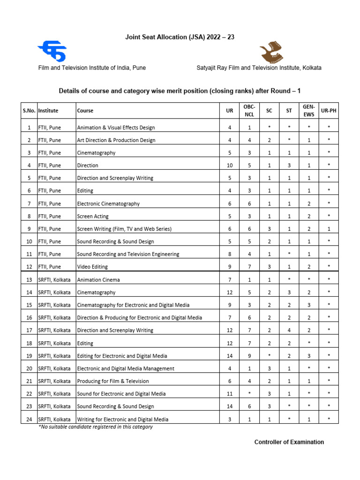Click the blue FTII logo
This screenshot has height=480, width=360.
pyautogui.click(x=52, y=51)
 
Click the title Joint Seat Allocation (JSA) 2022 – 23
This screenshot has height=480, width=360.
pyautogui.click(x=180, y=37)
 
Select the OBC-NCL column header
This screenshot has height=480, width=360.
pyautogui.click(x=250, y=111)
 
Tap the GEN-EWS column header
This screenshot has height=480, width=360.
pyautogui.click(x=309, y=111)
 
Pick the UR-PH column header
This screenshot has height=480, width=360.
pyautogui.click(x=329, y=111)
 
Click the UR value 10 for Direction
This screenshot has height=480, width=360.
pyautogui.click(x=230, y=165)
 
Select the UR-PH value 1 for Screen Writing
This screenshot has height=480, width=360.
pyautogui.click(x=329, y=229)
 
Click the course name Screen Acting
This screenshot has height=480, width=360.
pyautogui.click(x=92, y=216)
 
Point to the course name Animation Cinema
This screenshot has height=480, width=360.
pyautogui.click(x=98, y=280)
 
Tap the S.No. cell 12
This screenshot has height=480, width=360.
pyautogui.click(x=29, y=267)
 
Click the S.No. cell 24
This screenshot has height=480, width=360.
pyautogui.click(x=29, y=419)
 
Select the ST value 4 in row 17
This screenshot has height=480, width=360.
pyautogui.click(x=289, y=330)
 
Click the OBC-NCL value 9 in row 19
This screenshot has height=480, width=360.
pyautogui.click(x=250, y=356)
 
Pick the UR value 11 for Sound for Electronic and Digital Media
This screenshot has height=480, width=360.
pyautogui.click(x=230, y=394)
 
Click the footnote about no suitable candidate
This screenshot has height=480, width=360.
pyautogui.click(x=95, y=427)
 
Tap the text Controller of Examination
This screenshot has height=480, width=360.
pyautogui.click(x=289, y=442)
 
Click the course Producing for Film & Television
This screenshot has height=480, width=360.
pyautogui.click(x=112, y=381)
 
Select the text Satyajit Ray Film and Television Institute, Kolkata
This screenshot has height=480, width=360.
pyautogui.click(x=259, y=68)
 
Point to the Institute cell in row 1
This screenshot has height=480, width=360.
pyautogui.click(x=49, y=127)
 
